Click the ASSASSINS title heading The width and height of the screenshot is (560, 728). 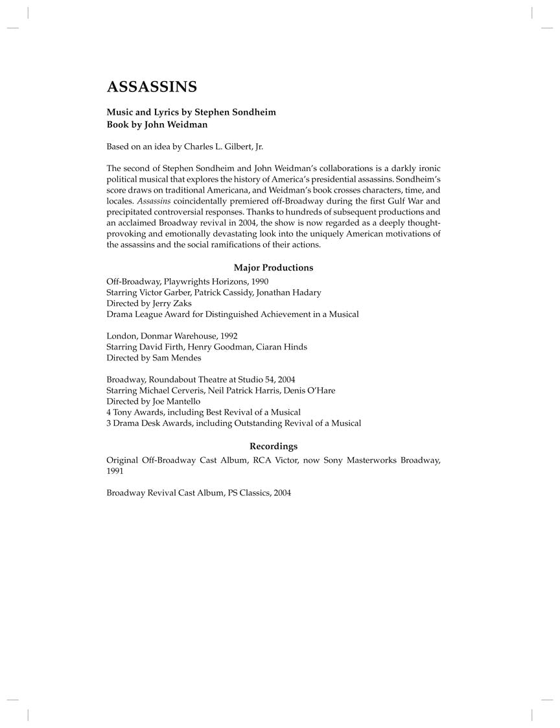(x=152, y=87)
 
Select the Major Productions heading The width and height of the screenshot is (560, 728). (x=273, y=268)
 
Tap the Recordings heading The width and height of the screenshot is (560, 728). (x=273, y=446)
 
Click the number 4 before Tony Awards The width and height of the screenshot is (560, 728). (x=109, y=412)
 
